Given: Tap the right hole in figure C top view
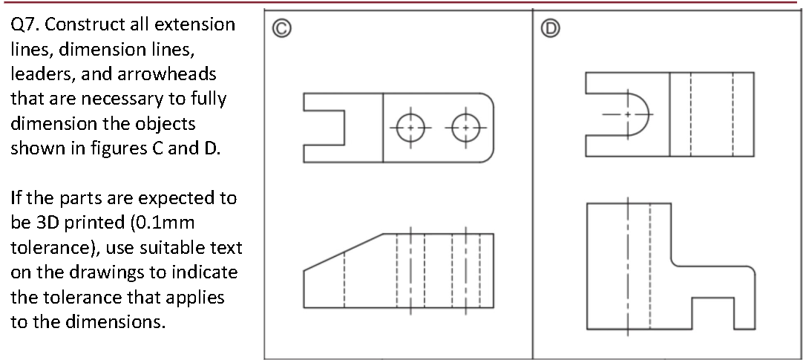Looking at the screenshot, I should point(465,127).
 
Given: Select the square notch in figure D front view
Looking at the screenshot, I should point(713,312).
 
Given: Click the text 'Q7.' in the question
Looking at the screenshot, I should point(25,25).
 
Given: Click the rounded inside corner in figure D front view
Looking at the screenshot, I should point(675,262).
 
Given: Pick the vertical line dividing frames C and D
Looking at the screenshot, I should point(532,186).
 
